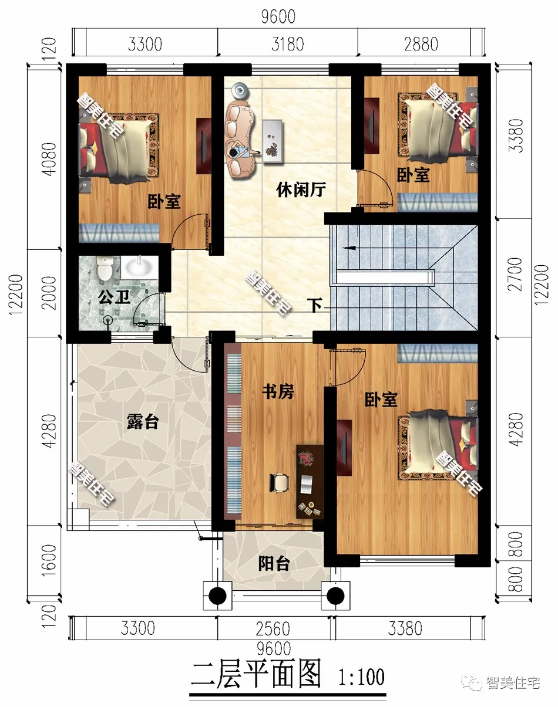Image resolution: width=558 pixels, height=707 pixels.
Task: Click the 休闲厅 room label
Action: coord(301,190)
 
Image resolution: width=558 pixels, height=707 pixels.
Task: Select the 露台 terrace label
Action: coord(142,421)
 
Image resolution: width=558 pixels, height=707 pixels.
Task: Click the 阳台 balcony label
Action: coord(274,564)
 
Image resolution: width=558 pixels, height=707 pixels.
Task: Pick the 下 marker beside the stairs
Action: coord(316,306)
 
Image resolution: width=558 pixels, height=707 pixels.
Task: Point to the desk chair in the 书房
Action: coord(280,482)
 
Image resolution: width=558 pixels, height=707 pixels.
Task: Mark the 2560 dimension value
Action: coord(273,629)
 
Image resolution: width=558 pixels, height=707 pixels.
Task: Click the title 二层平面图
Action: coord(256,676)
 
